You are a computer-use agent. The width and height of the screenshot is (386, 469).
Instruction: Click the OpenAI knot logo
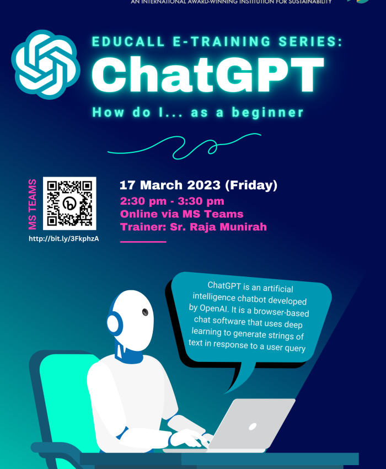coord(47,65)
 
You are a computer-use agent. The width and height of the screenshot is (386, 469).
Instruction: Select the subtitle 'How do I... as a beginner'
coord(198,113)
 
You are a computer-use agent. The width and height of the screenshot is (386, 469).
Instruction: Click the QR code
coord(69,203)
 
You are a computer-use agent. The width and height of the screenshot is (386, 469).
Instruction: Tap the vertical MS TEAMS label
coord(33,204)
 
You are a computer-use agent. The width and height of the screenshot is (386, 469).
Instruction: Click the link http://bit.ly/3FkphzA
coord(68,238)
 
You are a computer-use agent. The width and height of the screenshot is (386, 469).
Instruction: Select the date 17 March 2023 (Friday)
coord(199,185)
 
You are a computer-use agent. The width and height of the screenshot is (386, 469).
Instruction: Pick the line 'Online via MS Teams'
coord(181,214)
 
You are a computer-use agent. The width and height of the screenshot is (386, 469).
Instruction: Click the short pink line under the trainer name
coord(143,242)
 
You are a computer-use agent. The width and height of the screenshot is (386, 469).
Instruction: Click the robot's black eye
coord(145,312)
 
